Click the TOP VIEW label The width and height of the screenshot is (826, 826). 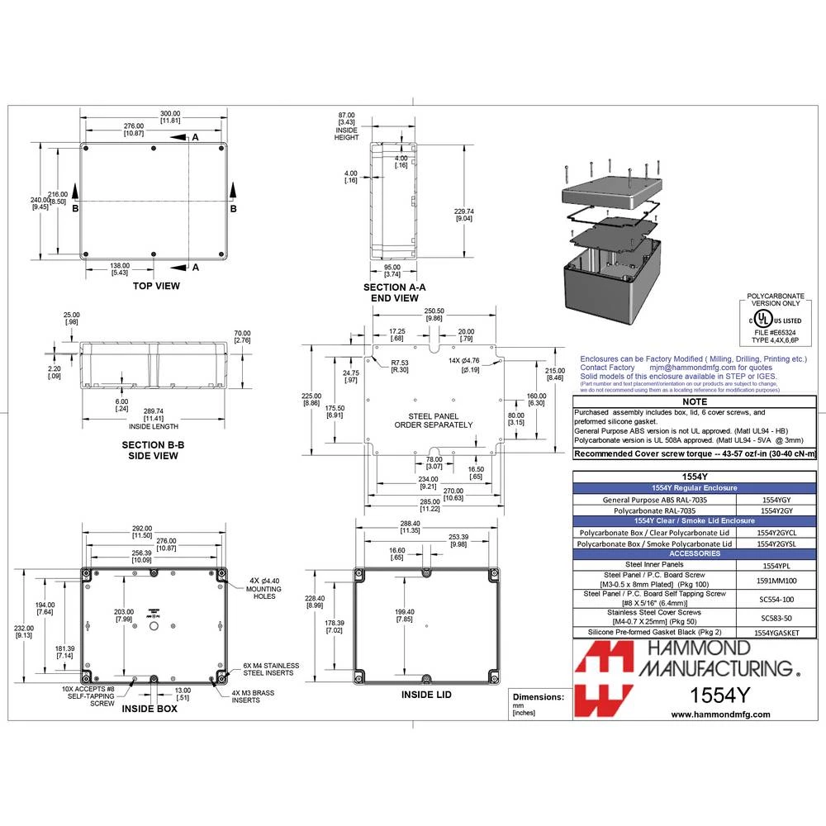[x=156, y=286]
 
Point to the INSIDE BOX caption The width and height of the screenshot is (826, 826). [x=150, y=708]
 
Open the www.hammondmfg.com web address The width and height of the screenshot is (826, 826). [x=720, y=714]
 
